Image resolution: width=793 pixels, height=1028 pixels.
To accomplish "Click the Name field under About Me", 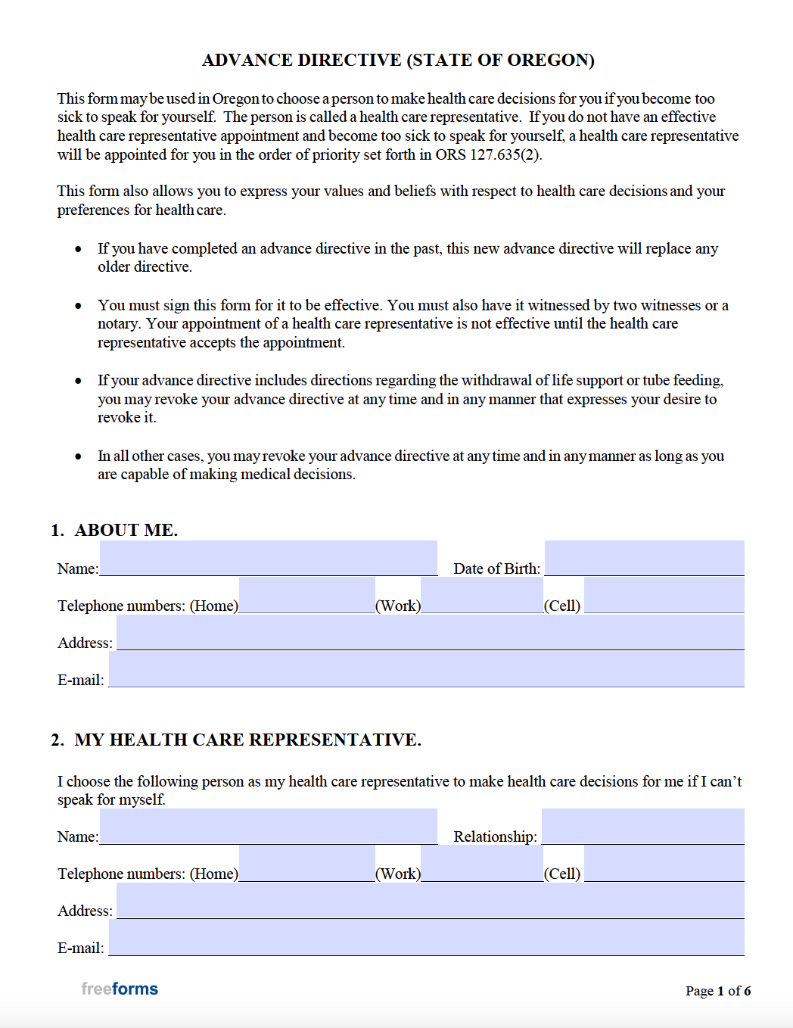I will tap(269, 559).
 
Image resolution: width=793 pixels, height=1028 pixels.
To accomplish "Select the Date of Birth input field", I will tap(644, 559).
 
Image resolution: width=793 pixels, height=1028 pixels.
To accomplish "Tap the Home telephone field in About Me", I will tap(306, 596).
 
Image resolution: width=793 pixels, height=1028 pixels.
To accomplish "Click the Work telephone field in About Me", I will tap(482, 596).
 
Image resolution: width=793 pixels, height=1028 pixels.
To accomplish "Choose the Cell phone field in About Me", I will tap(664, 596).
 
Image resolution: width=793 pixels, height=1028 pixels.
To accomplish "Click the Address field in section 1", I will tap(430, 633).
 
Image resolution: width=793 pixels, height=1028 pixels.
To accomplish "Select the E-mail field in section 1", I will tap(426, 670).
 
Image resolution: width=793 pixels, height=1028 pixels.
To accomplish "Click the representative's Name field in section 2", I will tap(269, 827).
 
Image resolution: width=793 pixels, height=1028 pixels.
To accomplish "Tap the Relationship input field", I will tap(642, 827).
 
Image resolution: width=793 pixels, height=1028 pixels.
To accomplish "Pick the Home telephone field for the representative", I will tap(306, 864).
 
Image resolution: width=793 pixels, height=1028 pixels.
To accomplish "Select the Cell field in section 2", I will tap(664, 864).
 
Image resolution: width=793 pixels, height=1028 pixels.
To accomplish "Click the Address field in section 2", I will tap(430, 901).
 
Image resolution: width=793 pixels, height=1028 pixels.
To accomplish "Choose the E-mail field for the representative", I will tap(426, 938).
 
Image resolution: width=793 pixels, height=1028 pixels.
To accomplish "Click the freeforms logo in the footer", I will tap(120, 989).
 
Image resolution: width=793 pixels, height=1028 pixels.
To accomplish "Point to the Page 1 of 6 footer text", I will tap(717, 991).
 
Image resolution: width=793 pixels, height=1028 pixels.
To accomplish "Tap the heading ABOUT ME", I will tap(126, 530).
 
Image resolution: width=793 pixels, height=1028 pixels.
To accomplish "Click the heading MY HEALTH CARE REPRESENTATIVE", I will tap(247, 740).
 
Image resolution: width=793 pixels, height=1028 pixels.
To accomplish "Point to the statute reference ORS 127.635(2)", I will tap(488, 155).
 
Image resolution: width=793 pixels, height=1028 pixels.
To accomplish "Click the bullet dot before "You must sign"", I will tap(78, 306).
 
